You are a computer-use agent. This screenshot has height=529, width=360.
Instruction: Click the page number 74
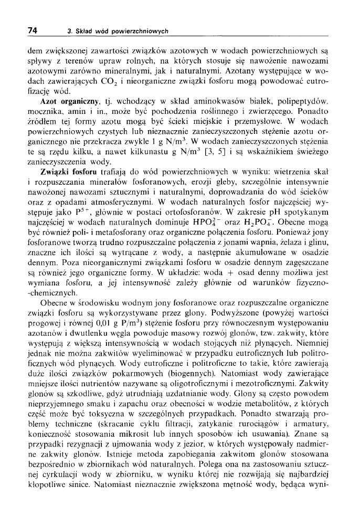click(32, 30)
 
